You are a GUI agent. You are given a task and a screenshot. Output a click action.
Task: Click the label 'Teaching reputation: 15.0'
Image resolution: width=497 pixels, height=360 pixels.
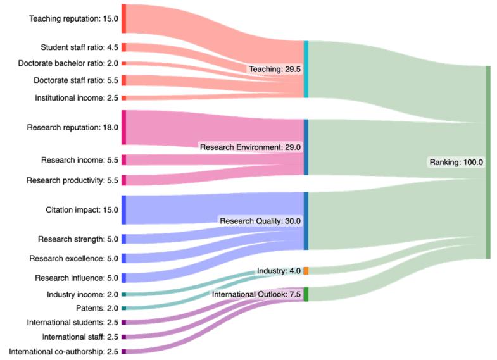(73, 18)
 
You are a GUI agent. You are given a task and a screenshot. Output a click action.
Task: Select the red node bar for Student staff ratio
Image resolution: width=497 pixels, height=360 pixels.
(124, 47)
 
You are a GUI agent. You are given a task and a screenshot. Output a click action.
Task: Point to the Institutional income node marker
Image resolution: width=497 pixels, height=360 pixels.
(124, 98)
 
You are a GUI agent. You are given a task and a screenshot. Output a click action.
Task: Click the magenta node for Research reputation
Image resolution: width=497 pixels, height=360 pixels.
(124, 127)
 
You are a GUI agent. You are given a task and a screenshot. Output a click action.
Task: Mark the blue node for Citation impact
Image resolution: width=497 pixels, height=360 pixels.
(124, 209)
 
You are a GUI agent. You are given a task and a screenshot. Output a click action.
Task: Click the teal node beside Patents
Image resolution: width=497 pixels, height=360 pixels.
(124, 308)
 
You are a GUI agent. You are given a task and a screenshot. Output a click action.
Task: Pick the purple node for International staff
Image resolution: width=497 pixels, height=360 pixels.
(124, 337)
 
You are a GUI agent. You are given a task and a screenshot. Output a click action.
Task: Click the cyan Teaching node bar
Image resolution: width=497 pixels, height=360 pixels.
(306, 69)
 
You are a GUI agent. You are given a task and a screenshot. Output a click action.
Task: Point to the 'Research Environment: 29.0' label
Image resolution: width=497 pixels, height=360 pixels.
(250, 147)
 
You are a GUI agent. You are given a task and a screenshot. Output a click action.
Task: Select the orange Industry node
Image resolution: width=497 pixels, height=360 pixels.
(306, 271)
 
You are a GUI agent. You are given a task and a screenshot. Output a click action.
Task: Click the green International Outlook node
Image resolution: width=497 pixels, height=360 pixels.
(306, 294)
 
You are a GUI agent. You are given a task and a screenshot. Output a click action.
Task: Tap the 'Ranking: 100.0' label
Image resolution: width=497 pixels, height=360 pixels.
(456, 162)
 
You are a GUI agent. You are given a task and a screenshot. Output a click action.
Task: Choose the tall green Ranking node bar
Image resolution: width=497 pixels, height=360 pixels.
(488, 162)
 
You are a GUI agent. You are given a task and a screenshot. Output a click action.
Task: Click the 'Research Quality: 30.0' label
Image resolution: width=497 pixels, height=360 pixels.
(260, 221)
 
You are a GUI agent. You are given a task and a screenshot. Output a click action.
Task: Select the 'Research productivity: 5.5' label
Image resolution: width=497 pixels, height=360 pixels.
(72, 180)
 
